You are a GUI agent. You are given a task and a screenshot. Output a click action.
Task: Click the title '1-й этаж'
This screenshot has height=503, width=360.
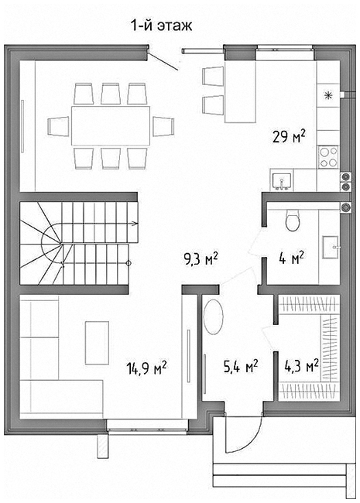click(x=161, y=26)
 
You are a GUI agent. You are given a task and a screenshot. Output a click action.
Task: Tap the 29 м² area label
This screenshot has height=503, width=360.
click(x=289, y=136)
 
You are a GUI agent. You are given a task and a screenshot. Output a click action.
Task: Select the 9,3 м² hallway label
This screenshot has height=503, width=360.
click(x=201, y=259)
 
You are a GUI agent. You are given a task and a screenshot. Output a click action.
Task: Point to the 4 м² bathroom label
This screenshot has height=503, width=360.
click(x=291, y=258)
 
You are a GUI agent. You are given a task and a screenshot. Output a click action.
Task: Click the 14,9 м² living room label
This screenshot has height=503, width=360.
click(x=146, y=368)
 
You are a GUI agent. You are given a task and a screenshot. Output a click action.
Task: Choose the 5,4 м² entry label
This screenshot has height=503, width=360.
click(x=241, y=366)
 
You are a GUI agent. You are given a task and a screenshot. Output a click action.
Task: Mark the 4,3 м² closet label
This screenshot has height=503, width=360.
click(x=301, y=365)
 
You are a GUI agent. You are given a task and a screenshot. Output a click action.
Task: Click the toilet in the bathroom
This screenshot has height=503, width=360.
click(x=293, y=221)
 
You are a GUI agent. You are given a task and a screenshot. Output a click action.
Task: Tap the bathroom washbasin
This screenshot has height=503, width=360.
click(x=331, y=247)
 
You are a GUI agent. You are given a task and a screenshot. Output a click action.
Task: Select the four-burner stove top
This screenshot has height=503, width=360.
click(x=328, y=156)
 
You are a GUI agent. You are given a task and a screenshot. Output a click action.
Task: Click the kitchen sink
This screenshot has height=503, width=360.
click(x=281, y=182)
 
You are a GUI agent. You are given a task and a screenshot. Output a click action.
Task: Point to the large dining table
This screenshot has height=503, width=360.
click(x=111, y=126)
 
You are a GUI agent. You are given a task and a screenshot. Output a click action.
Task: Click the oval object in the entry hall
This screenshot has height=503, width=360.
click(x=214, y=317)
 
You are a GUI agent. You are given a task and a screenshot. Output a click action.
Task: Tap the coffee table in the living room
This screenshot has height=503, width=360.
click(x=97, y=343)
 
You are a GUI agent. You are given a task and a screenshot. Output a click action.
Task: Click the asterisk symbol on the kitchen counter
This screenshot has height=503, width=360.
click(x=327, y=95)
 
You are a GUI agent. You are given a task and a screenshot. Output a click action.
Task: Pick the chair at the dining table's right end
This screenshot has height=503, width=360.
click(x=163, y=126)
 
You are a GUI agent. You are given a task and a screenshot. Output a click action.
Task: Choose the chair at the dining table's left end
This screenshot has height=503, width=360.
click(x=58, y=126)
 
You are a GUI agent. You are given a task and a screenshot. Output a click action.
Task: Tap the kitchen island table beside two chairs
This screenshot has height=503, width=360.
click(x=240, y=92)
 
